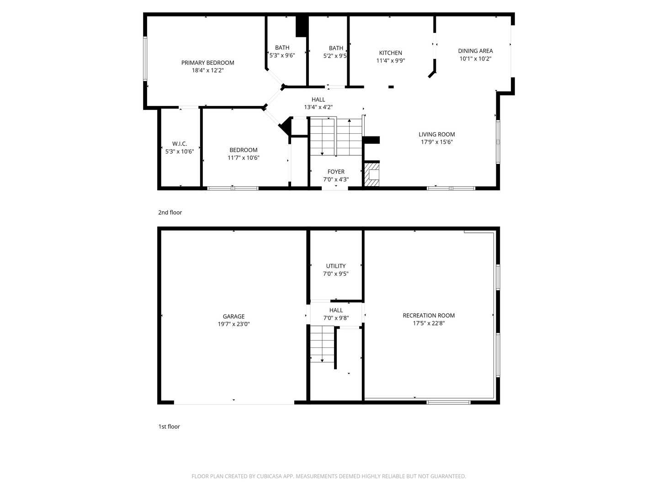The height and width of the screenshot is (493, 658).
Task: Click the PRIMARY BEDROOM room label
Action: point(207,63)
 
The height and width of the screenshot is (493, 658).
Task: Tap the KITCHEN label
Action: point(390,53)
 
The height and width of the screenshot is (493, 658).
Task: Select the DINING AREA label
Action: point(475,51)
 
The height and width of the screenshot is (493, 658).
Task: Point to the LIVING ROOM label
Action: point(436,134)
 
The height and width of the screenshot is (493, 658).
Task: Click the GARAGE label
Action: point(233,316)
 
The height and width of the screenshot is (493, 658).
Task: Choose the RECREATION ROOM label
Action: point(428,315)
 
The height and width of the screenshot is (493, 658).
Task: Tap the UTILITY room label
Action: point(336,266)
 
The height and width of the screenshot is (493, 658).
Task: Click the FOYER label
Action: point(336,172)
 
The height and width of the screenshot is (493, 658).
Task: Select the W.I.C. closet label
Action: point(180,144)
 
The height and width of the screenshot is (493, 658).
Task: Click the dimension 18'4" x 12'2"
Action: point(208,71)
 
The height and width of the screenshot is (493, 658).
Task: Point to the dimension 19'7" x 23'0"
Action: point(233,324)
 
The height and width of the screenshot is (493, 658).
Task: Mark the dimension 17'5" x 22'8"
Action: point(429,323)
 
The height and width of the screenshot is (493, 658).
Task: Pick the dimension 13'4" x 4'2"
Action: point(318,107)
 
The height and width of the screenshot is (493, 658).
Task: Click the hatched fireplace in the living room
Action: point(371,174)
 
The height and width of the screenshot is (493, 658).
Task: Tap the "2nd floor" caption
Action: point(170,213)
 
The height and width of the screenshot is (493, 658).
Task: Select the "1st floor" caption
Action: point(169,426)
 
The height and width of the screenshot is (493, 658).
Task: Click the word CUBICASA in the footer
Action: point(269,476)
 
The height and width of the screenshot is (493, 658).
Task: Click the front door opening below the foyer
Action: point(335,189)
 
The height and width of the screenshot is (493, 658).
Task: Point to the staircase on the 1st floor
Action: point(322,344)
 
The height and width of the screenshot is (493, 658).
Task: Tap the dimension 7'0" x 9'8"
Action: point(336,318)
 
